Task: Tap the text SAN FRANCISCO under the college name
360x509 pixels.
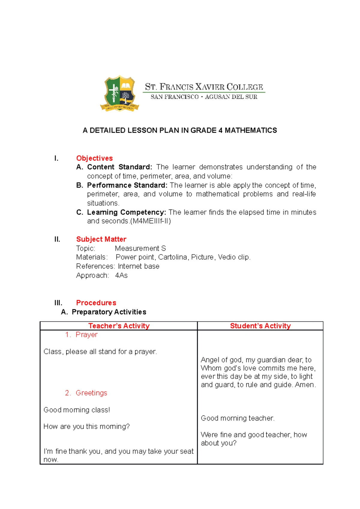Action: pyautogui.click(x=174, y=97)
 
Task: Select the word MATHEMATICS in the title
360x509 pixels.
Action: pyautogui.click(x=251, y=130)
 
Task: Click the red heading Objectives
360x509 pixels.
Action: pyautogui.click(x=94, y=158)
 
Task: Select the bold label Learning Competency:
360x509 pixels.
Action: pyautogui.click(x=126, y=212)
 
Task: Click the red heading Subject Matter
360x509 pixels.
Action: pyautogui.click(x=101, y=239)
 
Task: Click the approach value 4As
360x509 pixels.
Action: pyautogui.click(x=121, y=275)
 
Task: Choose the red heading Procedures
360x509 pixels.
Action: pyautogui.click(x=96, y=303)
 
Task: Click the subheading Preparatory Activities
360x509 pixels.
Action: pyautogui.click(x=109, y=312)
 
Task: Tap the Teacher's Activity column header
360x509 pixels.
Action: pyautogui.click(x=119, y=326)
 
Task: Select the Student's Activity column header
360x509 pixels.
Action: pyautogui.click(x=260, y=326)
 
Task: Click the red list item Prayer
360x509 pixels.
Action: pyautogui.click(x=86, y=335)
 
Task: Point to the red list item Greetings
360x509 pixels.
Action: pyautogui.click(x=91, y=393)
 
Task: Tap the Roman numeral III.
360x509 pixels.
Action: pyautogui.click(x=58, y=303)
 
